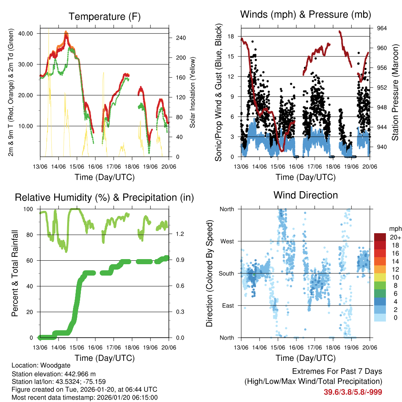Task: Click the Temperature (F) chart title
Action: (x=104, y=16)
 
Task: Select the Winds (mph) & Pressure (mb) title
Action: (x=306, y=15)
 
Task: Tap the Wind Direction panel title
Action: (x=305, y=195)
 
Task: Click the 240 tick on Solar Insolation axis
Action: (x=175, y=38)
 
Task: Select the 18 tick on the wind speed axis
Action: (x=231, y=37)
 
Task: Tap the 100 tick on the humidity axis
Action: (x=30, y=209)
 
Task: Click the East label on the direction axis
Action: (x=227, y=305)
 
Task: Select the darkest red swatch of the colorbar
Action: (x=380, y=237)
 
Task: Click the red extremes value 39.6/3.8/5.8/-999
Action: (x=353, y=392)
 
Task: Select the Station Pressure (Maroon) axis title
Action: (x=395, y=92)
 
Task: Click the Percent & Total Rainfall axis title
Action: (x=15, y=273)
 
